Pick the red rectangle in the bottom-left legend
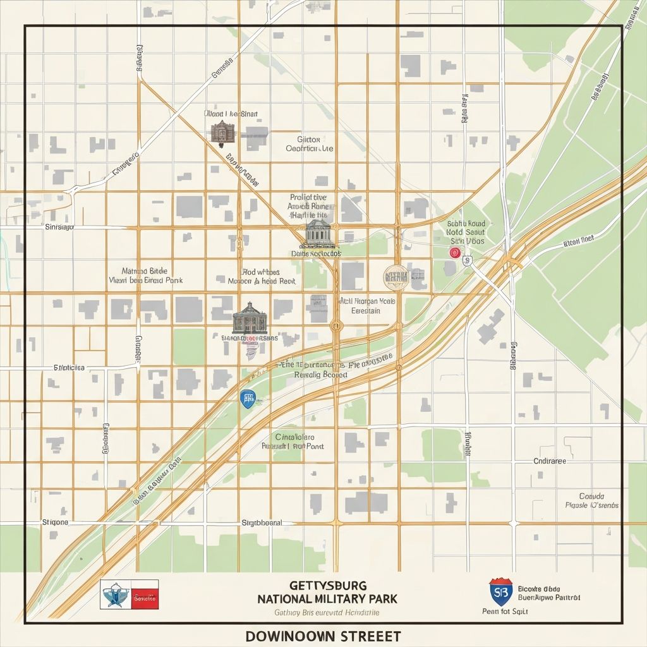(x=145, y=595)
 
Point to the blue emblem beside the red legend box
(x=116, y=595)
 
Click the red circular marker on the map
(x=454, y=253)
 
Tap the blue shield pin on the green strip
(x=248, y=398)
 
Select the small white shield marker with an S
(x=467, y=260)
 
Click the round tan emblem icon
(x=396, y=277)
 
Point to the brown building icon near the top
(x=222, y=132)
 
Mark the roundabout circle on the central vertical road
(x=336, y=326)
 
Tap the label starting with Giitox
(x=309, y=139)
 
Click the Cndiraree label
(x=550, y=461)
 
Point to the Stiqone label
(x=55, y=523)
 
